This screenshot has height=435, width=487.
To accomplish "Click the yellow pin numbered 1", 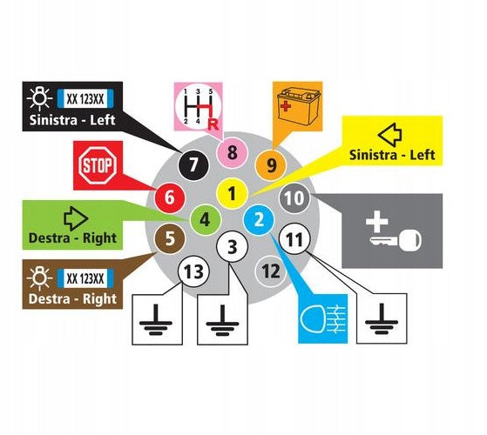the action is click(x=232, y=194).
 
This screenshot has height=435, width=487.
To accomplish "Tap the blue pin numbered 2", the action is click(x=259, y=220).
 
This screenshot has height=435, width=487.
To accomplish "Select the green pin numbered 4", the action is click(x=205, y=220).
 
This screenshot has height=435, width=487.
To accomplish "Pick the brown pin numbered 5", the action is click(x=170, y=238).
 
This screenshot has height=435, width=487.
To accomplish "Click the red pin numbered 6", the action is click(x=170, y=197).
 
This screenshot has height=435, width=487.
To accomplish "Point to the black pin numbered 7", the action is click(x=193, y=164).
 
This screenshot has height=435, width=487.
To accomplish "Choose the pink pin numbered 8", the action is click(x=232, y=152).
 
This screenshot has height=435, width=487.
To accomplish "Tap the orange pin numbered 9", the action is click(x=271, y=165).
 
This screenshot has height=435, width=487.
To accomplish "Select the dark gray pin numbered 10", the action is click(x=294, y=197).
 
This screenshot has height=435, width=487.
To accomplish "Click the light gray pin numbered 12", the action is click(x=271, y=271).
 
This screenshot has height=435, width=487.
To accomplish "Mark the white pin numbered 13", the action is click(x=193, y=271).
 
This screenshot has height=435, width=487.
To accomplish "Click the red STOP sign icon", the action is click(x=98, y=165).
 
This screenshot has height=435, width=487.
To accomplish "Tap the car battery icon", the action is click(x=296, y=106).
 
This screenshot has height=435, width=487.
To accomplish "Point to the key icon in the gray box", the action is click(x=396, y=239).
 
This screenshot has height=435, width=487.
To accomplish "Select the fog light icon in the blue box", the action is click(x=322, y=318).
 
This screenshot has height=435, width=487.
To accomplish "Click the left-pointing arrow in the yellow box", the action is click(x=390, y=135).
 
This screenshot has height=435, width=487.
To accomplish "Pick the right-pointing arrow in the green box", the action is click(x=76, y=218).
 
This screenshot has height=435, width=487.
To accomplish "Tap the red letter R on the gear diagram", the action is click(x=213, y=124).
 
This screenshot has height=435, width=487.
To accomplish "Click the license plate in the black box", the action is click(x=85, y=99).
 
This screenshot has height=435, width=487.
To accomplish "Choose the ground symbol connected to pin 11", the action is click(x=382, y=318).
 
